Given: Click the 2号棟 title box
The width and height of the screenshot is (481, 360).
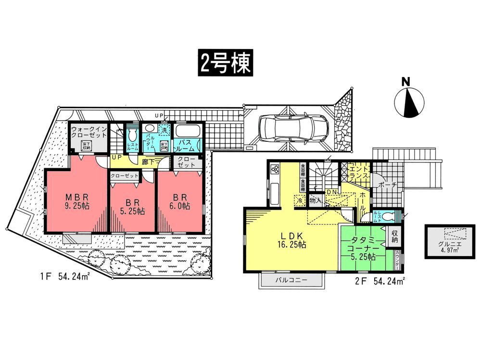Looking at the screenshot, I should [225, 62].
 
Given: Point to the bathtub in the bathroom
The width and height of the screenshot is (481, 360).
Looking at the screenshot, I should [187, 131].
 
